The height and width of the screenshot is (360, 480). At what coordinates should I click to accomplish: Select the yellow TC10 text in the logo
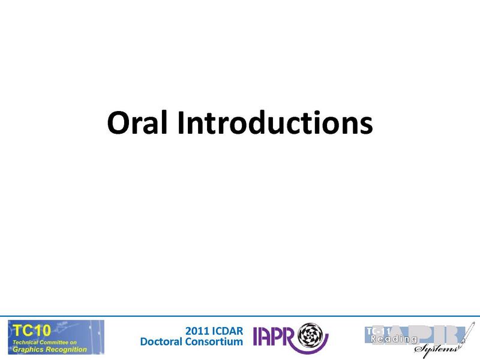click(x=29, y=329)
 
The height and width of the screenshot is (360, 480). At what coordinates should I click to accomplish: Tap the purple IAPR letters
click(x=275, y=337)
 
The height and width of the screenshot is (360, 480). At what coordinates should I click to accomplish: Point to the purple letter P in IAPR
click(x=278, y=337)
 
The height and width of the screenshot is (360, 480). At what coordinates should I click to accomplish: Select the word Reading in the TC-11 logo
click(x=394, y=339)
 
